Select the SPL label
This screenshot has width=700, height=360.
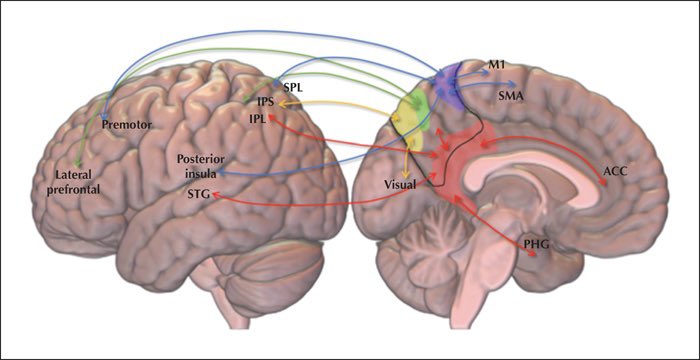293,85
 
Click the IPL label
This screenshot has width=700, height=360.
258,119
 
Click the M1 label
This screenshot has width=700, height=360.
496,65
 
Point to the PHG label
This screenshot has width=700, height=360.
538,245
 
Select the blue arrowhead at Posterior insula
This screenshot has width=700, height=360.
219,173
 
